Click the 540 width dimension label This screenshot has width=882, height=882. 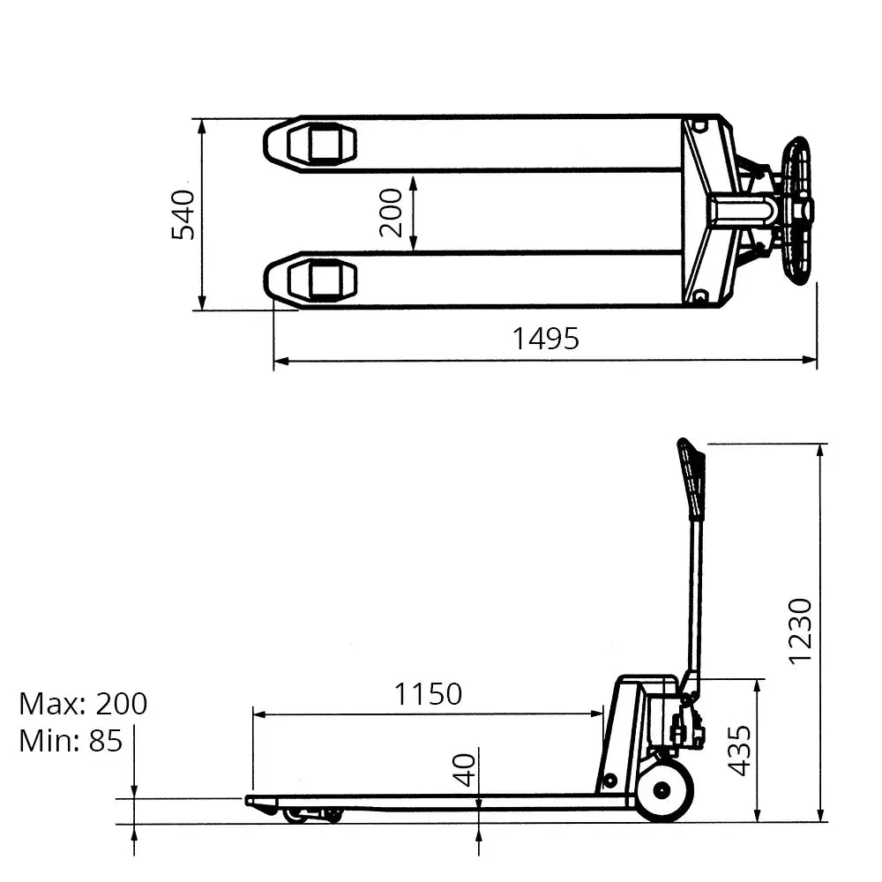(x=183, y=214)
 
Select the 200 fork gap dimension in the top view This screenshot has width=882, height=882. (x=391, y=213)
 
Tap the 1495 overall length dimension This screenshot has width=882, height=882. (x=546, y=338)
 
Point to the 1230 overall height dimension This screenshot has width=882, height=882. (x=799, y=631)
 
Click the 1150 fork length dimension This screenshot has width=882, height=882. (x=428, y=694)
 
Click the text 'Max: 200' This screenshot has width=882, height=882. (x=83, y=704)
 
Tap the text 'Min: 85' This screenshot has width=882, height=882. (x=71, y=741)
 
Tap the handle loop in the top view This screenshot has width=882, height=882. (x=797, y=211)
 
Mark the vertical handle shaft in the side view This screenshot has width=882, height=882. (x=696, y=600)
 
